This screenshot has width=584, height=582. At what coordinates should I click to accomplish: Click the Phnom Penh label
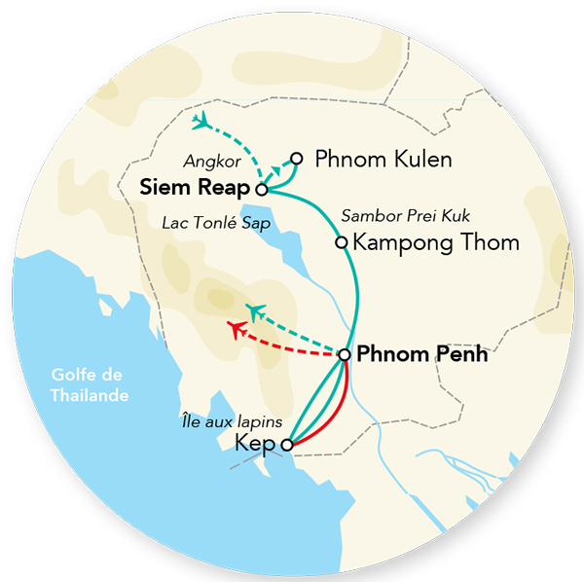click(x=422, y=355)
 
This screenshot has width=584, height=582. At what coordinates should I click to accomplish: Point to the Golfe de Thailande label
click(x=93, y=385)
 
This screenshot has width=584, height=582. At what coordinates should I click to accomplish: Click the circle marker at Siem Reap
click(x=261, y=188)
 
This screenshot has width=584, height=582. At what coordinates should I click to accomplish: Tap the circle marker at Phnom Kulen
click(x=297, y=158)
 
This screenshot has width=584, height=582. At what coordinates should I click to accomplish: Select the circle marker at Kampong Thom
click(x=341, y=242)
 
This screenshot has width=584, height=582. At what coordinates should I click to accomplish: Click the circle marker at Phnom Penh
click(x=344, y=355)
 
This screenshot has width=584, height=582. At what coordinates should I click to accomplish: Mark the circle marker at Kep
click(x=286, y=445)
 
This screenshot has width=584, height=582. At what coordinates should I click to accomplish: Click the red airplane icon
click(x=236, y=329)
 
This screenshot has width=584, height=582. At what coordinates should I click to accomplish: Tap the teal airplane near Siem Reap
click(x=202, y=122)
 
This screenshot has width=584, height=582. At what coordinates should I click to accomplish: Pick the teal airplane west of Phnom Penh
click(x=256, y=311)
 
